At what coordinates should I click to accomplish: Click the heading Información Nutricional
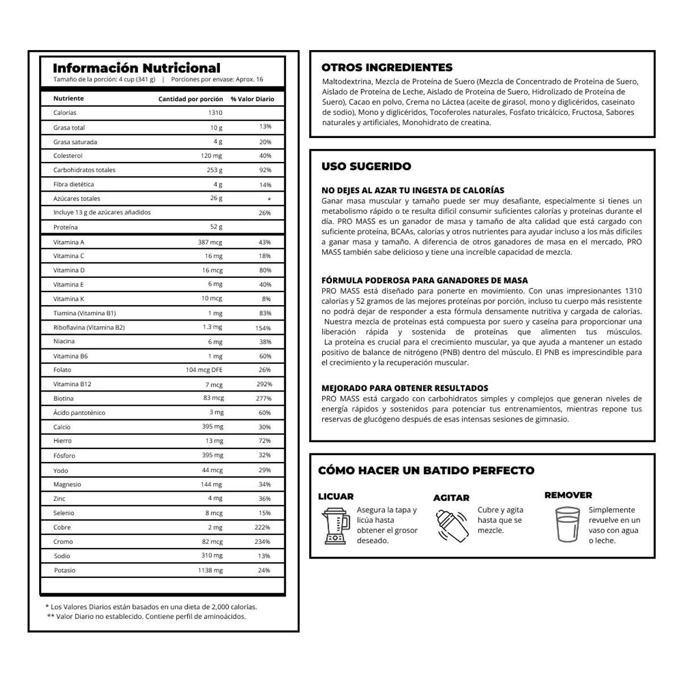pos(136,68)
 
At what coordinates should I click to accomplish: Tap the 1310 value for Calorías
pos(215,113)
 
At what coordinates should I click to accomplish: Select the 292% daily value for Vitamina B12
pos(264,384)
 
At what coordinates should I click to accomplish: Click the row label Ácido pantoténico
pos(79,413)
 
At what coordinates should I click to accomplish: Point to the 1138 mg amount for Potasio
pos(210,570)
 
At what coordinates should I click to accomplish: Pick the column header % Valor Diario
pos(252,99)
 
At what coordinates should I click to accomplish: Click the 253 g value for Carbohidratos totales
pos(214,170)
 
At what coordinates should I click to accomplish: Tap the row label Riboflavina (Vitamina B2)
pos(89,327)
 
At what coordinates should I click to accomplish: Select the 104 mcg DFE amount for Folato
pos(204,370)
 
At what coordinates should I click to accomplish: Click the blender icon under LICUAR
pos(335,525)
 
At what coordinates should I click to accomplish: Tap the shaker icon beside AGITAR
pos(451,526)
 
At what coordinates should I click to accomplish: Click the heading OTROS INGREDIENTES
pos(387,67)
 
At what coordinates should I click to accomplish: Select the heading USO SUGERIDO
pos(366,167)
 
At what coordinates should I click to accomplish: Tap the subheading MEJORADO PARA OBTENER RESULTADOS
pos(405,388)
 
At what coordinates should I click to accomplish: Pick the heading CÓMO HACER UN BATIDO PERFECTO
pos(426,471)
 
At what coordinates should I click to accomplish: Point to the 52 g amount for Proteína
pos(216,227)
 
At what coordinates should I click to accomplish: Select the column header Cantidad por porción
pos(190,99)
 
